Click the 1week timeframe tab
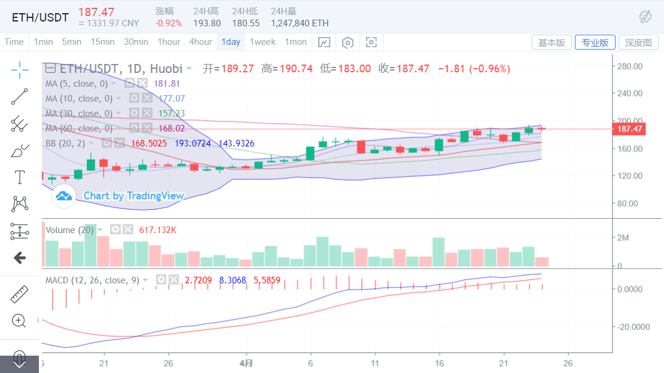(x=263, y=42)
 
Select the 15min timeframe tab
(x=102, y=42)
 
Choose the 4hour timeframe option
(x=200, y=42)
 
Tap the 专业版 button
(x=595, y=42)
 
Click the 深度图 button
(x=638, y=42)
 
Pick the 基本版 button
(x=552, y=42)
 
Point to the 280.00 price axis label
(x=629, y=66)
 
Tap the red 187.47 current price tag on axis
(x=630, y=129)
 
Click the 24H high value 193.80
(x=207, y=23)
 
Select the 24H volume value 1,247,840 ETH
(x=300, y=23)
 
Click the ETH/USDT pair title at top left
(x=40, y=17)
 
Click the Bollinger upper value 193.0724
(x=194, y=143)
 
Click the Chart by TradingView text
(x=133, y=195)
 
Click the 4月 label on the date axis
(x=245, y=363)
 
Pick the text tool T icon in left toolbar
(x=20, y=178)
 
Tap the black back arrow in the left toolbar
(x=20, y=258)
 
